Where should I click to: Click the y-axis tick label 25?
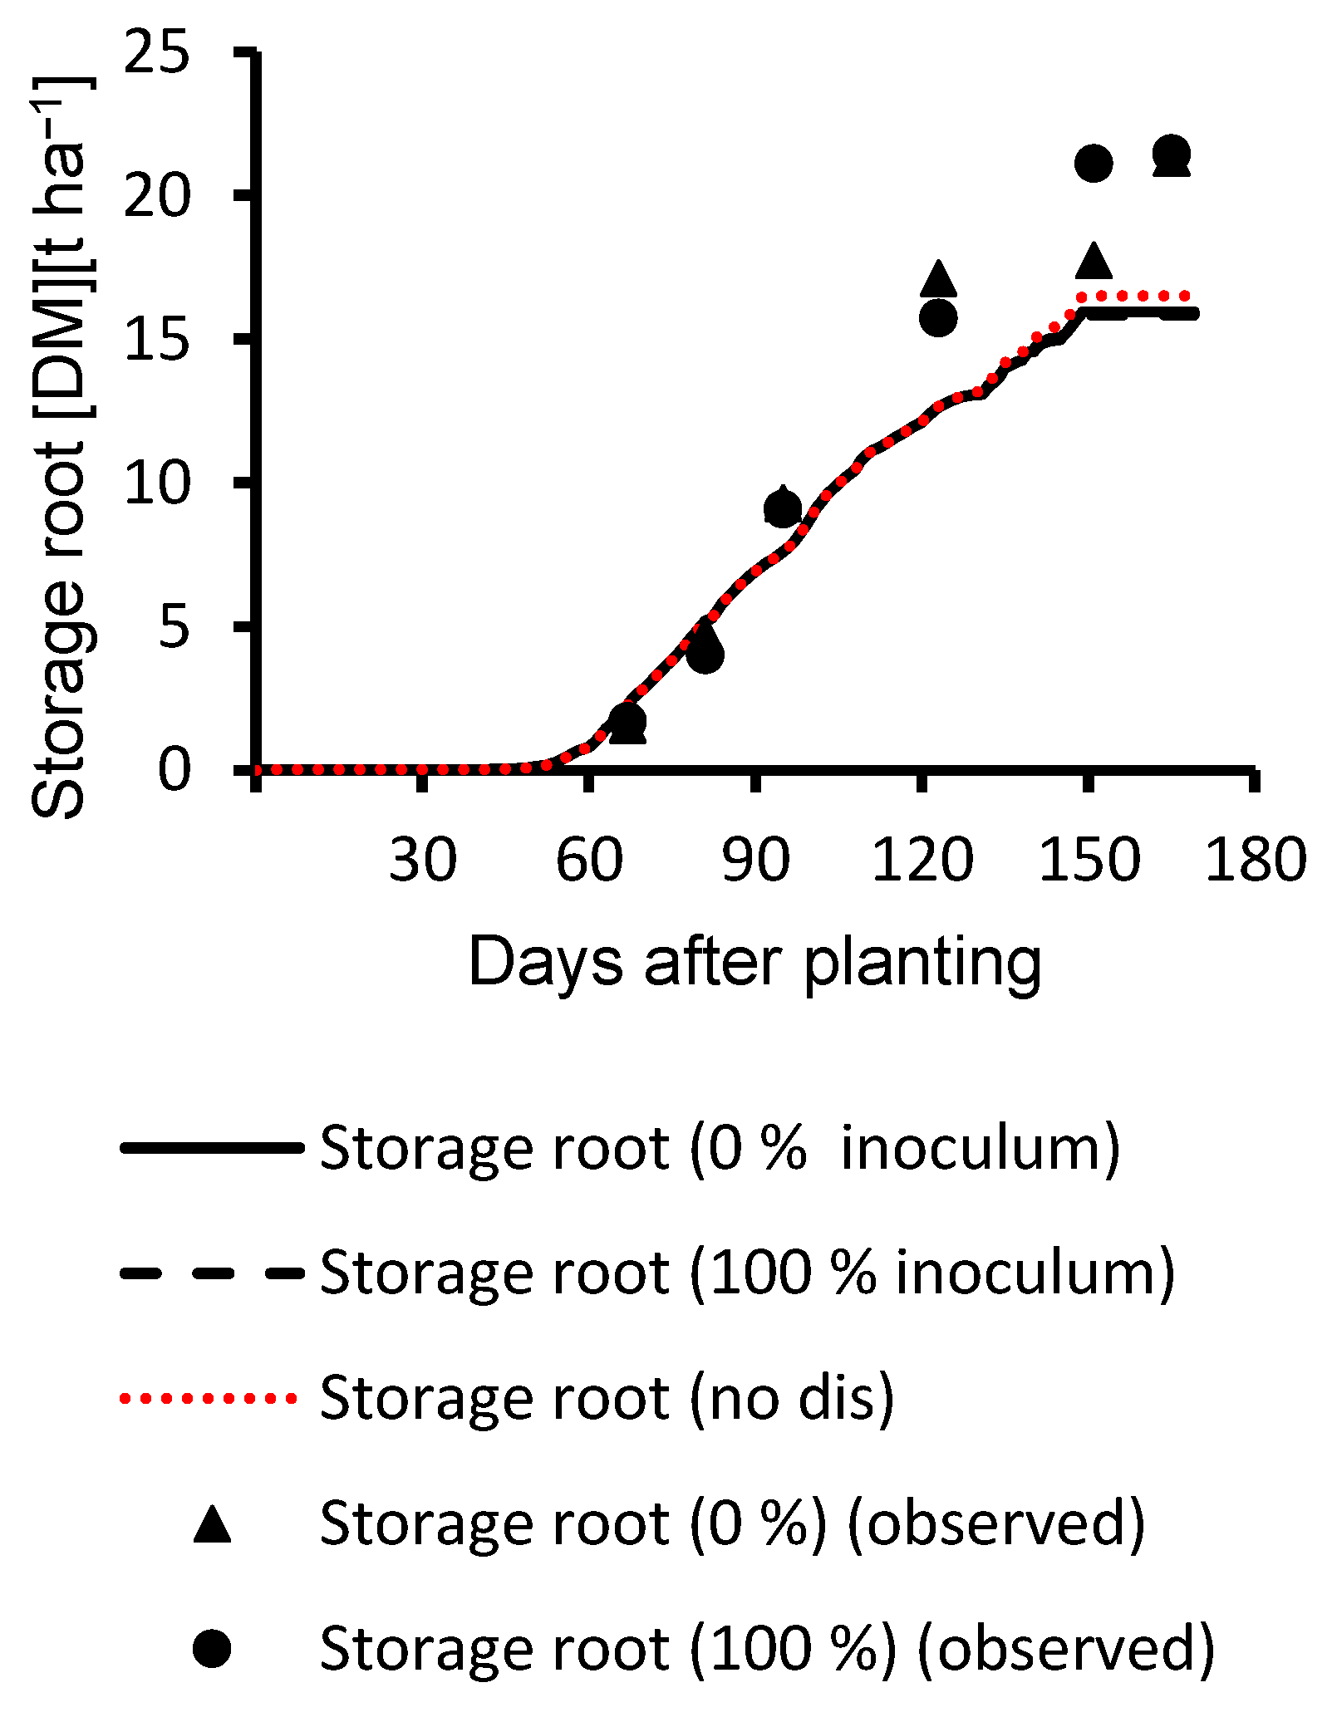[x=156, y=55]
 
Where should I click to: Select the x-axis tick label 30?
[x=422, y=860]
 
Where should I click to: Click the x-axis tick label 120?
[x=922, y=860]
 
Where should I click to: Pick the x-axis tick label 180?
[x=1255, y=860]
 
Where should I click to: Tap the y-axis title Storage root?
[x=60, y=449]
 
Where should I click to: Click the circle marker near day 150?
[x=1094, y=163]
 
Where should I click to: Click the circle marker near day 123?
[x=939, y=317]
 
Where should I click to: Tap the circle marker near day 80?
[x=705, y=655]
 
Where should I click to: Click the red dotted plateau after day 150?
[x=1138, y=295]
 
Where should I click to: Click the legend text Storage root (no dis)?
[x=607, y=1398]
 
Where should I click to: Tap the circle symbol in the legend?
[x=212, y=1648]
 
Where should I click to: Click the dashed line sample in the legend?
[x=212, y=1273]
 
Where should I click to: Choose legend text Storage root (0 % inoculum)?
[x=720, y=1148]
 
